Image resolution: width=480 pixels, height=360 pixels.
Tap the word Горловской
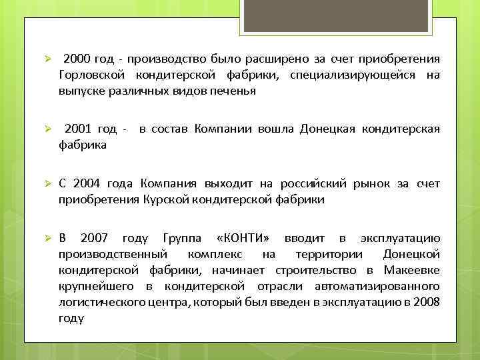[x=90, y=75]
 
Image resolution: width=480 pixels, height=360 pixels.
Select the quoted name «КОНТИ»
[x=244, y=238]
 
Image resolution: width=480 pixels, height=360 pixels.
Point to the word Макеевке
[x=411, y=270]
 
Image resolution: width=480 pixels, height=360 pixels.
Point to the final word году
[x=71, y=318]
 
